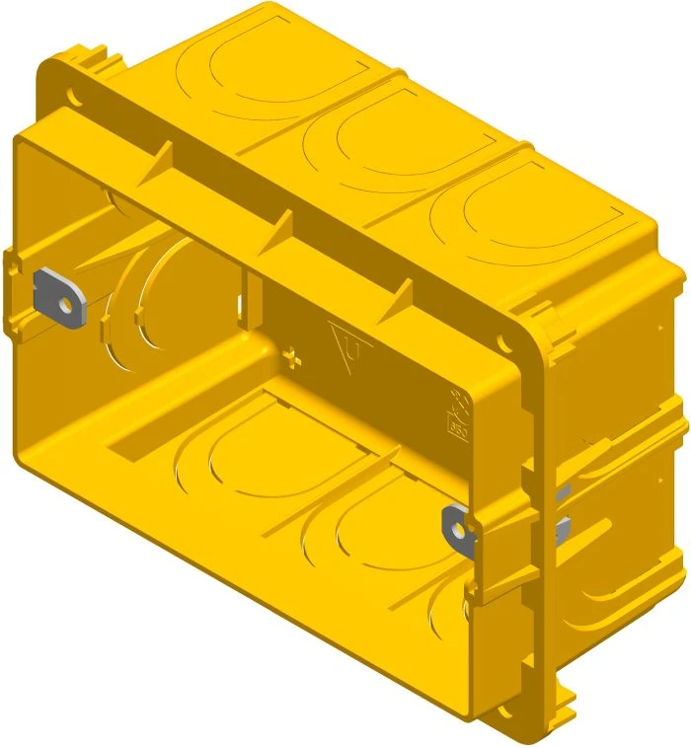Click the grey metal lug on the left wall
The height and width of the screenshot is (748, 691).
(59, 296)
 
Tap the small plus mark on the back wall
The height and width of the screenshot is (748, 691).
(289, 353)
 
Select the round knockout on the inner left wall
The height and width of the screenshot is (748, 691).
(163, 286)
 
